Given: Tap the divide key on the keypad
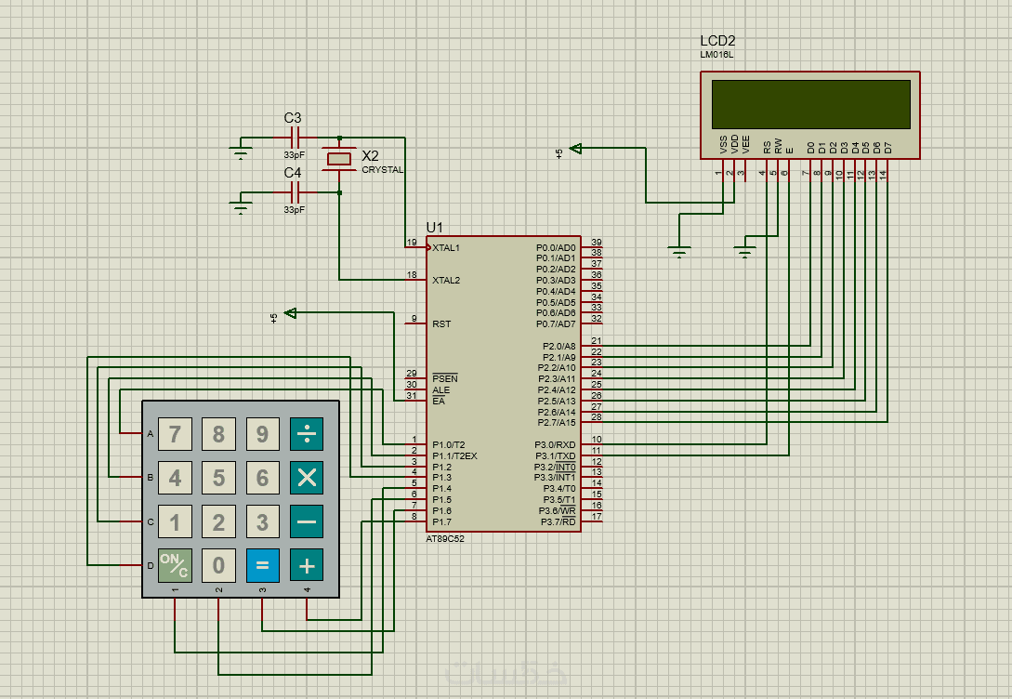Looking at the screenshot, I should click(307, 434).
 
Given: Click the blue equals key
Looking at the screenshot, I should click(263, 565).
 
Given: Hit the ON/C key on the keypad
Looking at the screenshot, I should click(175, 565).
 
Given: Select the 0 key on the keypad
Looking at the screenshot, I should click(218, 565).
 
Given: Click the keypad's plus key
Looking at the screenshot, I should click(307, 565).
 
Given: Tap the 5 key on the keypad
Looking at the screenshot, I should click(218, 478).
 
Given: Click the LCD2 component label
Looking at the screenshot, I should click(717, 42).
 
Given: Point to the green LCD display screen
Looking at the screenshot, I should click(810, 104).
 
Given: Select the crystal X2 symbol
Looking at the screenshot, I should click(339, 159).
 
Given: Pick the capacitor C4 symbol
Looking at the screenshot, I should click(295, 192).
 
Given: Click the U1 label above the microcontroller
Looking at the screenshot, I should click(435, 227).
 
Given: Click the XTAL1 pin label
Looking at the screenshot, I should click(446, 248).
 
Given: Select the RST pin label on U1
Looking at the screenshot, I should click(441, 323).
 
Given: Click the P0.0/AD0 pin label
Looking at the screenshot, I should click(556, 248).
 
